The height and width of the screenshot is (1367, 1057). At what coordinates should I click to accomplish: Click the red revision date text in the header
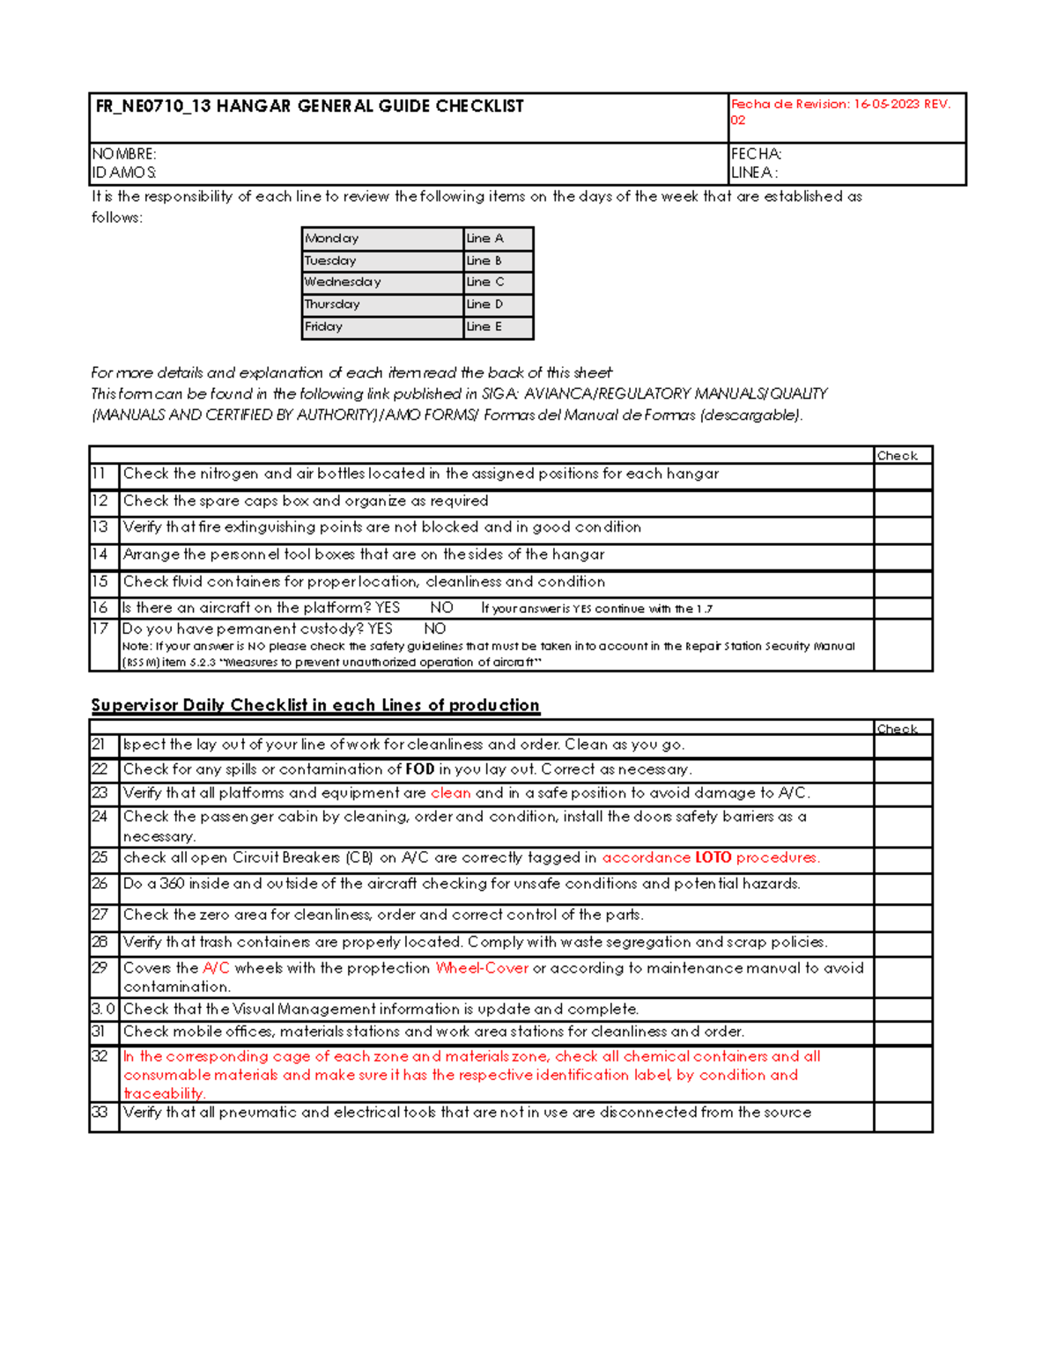click(840, 104)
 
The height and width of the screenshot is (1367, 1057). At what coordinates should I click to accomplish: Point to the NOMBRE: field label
click(124, 154)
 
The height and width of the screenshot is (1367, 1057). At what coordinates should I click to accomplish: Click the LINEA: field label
click(754, 173)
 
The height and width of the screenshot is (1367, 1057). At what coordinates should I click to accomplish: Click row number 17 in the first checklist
click(100, 628)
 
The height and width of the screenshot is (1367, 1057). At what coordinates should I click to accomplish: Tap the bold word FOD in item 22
click(419, 769)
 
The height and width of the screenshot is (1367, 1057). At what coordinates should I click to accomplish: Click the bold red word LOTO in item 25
click(713, 857)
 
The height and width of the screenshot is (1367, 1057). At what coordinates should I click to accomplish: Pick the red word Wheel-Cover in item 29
click(482, 968)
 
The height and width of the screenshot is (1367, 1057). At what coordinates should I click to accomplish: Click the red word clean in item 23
click(450, 793)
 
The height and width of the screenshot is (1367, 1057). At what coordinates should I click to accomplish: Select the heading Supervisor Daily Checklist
click(315, 705)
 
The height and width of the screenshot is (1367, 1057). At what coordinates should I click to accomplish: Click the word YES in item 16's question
click(388, 608)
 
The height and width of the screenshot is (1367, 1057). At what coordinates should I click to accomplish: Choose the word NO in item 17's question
click(435, 629)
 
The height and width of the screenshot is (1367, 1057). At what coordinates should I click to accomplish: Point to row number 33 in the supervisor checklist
click(100, 1113)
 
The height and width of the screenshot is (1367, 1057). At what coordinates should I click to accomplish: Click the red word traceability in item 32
click(164, 1093)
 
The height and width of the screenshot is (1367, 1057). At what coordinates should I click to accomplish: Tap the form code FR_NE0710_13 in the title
click(153, 107)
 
